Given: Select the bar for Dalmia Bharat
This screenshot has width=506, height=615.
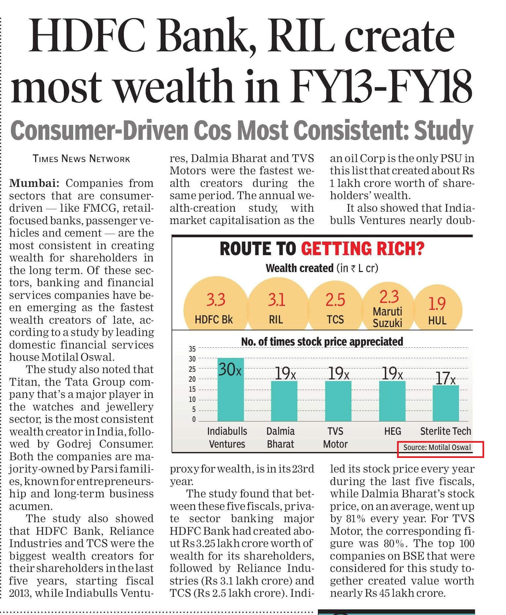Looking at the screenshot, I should click(x=284, y=401).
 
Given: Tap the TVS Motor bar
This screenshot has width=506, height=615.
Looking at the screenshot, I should click(x=338, y=401).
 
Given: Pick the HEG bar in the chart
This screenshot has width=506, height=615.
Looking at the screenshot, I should click(x=392, y=401).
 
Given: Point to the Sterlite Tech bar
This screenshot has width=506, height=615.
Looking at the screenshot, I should click(x=446, y=403).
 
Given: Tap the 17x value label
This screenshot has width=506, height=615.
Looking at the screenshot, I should click(x=445, y=378).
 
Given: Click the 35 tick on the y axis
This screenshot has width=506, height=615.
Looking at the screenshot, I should click(x=192, y=349).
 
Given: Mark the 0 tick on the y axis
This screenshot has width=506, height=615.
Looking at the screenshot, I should click(x=194, y=420).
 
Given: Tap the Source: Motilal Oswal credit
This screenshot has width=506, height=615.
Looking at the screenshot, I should click(x=437, y=447).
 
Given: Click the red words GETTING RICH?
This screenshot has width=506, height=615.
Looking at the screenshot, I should click(x=363, y=249).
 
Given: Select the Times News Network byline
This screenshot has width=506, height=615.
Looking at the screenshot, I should click(x=81, y=159).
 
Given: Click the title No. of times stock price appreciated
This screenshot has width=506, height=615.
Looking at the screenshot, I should click(x=322, y=342).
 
